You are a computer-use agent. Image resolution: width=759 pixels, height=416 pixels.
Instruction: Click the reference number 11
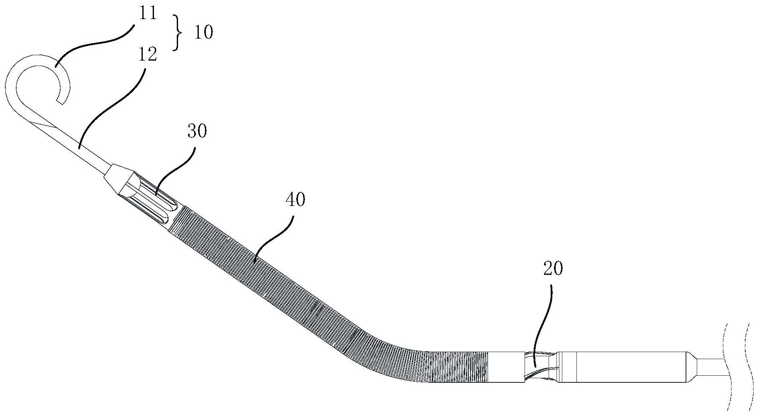coord(148,13)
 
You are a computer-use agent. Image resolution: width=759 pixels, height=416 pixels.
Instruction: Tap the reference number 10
coord(203,32)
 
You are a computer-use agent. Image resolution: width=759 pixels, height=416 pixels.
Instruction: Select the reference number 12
coord(148,54)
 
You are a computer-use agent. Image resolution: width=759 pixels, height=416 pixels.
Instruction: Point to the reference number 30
coord(197,131)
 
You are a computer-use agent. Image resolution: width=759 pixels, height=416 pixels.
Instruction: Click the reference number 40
coord(295,200)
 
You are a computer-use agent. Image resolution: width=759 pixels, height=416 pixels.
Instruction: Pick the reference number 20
coord(553,269)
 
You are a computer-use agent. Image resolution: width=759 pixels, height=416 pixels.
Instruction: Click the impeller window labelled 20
coord(539,366)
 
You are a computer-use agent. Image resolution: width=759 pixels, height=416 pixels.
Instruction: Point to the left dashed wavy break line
coord(725,367)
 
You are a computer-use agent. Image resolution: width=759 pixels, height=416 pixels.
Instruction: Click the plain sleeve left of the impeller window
coord(506,367)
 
